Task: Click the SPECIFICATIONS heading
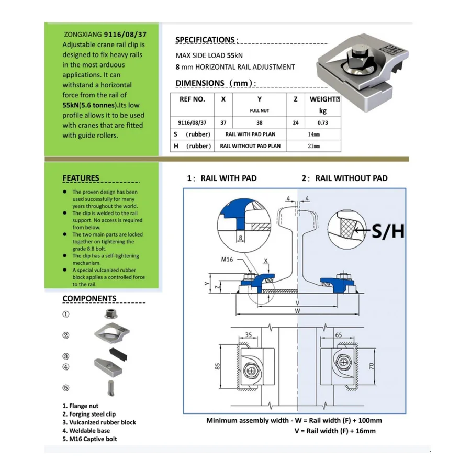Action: tap(205, 40)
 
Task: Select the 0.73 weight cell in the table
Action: tap(322, 122)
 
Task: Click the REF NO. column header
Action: tap(192, 99)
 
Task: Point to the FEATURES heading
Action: tap(81, 178)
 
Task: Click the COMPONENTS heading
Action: tap(89, 299)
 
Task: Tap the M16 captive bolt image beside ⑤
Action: tap(110, 388)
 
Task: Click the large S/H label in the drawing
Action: tap(388, 230)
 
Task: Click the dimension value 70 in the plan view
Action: tap(372, 367)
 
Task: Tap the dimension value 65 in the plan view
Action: tap(338, 334)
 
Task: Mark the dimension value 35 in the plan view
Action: tap(249, 334)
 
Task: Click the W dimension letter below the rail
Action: tap(297, 310)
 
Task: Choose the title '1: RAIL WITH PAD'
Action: tap(222, 178)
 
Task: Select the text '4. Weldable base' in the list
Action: tap(86, 431)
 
